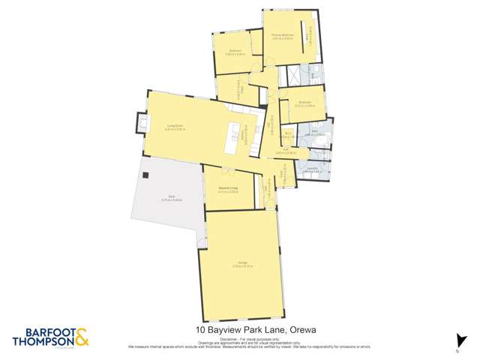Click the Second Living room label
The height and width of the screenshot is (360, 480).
(x=229, y=188)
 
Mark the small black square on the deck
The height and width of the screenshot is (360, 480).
(x=146, y=175)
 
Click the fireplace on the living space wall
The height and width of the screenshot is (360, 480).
(x=140, y=122)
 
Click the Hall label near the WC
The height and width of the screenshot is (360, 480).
(x=286, y=149)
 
